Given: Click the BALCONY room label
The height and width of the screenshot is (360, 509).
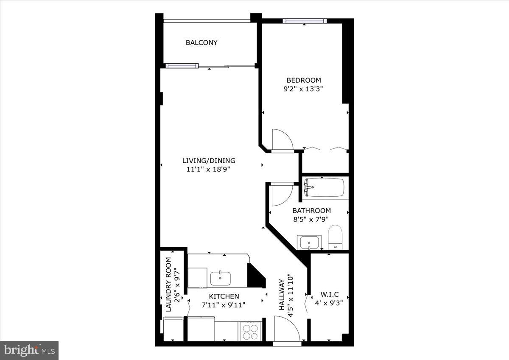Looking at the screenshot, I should (x=201, y=42).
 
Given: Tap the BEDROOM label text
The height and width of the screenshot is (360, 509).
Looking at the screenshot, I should (x=304, y=80).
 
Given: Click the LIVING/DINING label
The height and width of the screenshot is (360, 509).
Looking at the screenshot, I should (x=209, y=161).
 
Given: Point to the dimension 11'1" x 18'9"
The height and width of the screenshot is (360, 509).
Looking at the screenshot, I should (x=209, y=169).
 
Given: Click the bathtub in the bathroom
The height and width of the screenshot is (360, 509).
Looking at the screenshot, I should (x=324, y=187).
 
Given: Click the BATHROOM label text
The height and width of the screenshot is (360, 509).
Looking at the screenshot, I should (x=311, y=210).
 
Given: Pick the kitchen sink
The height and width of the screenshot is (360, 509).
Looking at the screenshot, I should (x=221, y=279).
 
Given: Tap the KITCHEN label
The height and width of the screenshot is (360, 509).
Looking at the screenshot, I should (x=224, y=296).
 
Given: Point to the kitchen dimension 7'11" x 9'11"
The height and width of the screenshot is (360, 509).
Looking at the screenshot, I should (x=224, y=304).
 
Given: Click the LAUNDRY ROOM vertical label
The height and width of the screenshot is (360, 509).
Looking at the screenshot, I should (x=168, y=285).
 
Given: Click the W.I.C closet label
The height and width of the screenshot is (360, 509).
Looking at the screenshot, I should (x=329, y=294).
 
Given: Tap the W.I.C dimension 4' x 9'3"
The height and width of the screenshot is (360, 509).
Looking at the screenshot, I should (x=329, y=303).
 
